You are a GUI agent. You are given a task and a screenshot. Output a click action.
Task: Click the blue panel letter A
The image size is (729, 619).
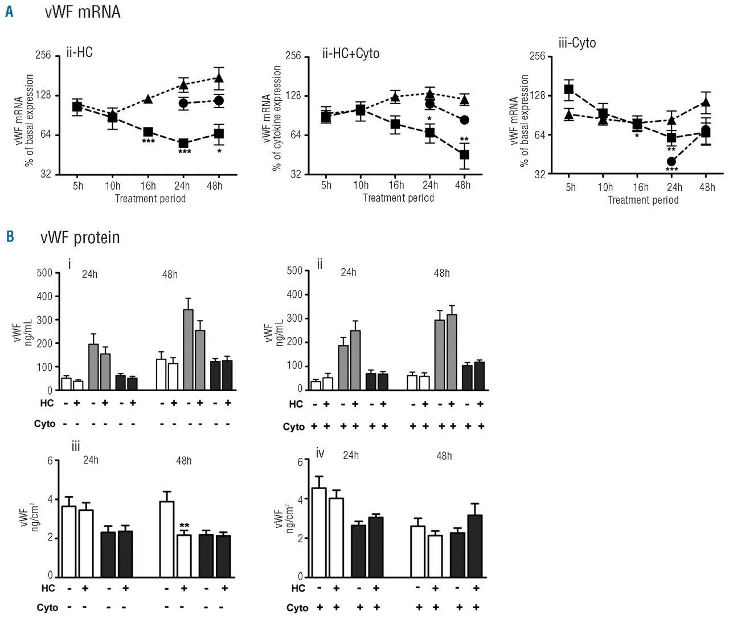pyautogui.click(x=9, y=11)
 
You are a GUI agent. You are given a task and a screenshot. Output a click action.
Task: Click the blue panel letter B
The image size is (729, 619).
pyautogui.click(x=10, y=236)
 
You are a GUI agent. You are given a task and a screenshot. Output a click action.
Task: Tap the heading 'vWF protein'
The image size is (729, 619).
pyautogui.click(x=80, y=237)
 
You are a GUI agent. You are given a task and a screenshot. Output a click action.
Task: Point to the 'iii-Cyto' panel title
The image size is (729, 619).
pyautogui.click(x=577, y=43)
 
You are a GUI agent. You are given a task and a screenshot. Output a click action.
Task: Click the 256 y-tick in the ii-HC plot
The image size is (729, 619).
pyautogui.click(x=43, y=55)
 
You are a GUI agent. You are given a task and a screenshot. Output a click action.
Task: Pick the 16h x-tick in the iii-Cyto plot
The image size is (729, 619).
pyautogui.click(x=641, y=187)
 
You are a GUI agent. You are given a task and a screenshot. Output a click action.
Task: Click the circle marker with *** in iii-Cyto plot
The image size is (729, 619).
pyautogui.click(x=671, y=162)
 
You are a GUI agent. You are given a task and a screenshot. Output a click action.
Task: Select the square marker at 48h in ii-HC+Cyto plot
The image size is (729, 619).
pyautogui.click(x=464, y=155)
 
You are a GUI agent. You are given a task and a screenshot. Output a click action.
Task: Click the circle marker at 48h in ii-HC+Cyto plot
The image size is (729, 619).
pyautogui.click(x=464, y=120)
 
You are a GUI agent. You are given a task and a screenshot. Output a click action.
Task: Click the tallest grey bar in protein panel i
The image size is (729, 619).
pyautogui.click(x=188, y=349)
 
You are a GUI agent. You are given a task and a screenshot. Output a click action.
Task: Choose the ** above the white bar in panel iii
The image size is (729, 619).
pyautogui.click(x=184, y=526)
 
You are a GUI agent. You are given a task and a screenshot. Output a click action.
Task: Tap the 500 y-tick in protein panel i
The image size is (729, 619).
pyautogui.click(x=44, y=273)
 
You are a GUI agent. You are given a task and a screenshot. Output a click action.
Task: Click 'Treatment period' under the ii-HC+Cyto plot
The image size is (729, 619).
pyautogui.click(x=398, y=198)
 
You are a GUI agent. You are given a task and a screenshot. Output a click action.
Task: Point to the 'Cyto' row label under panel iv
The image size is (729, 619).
pyautogui.click(x=297, y=608)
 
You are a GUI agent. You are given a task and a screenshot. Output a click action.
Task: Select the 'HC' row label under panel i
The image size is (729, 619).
pyautogui.click(x=47, y=403)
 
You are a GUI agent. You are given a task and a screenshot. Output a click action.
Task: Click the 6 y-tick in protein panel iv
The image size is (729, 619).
pyautogui.click(x=300, y=461)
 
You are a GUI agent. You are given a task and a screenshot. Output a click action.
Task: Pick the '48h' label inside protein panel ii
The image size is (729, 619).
pyautogui.click(x=441, y=273)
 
